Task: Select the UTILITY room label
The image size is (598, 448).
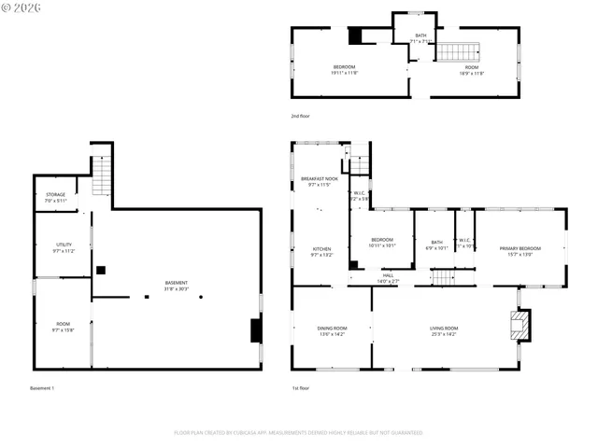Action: pyautogui.click(x=63, y=247)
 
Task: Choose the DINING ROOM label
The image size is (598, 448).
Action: pyautogui.click(x=332, y=330)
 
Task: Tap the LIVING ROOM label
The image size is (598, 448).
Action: pyautogui.click(x=444, y=330)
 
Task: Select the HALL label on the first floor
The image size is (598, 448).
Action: pyautogui.click(x=387, y=277)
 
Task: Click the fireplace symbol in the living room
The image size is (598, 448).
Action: pyautogui.click(x=520, y=325)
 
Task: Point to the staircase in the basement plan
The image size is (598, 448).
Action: pyautogui.click(x=101, y=175)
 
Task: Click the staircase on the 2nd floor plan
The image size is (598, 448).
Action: pyautogui.click(x=459, y=51)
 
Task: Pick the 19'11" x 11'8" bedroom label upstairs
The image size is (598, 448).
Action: pyautogui.click(x=345, y=70)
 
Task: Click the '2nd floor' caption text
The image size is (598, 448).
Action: pyautogui.click(x=300, y=116)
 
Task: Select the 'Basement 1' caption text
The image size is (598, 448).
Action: pyautogui.click(x=43, y=387)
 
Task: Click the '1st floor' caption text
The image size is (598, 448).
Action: pyautogui.click(x=300, y=387)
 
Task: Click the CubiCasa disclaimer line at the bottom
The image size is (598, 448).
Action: pyautogui.click(x=298, y=432)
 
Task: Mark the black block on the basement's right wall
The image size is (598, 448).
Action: pyautogui.click(x=255, y=330)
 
